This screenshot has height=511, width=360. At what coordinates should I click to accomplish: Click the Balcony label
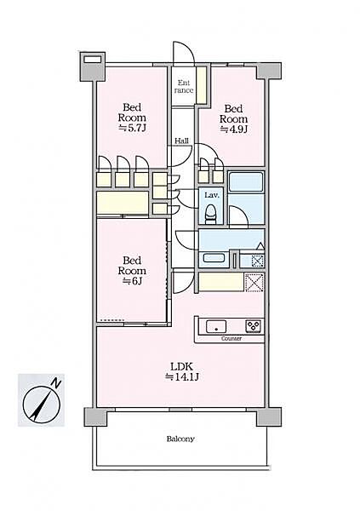[180, 439]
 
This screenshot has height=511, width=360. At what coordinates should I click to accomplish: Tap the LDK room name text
[181, 366]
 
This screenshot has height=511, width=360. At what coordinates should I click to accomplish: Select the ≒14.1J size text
[181, 377]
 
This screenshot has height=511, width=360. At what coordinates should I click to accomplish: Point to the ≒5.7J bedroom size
[132, 128]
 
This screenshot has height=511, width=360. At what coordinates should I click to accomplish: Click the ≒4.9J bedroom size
[233, 129]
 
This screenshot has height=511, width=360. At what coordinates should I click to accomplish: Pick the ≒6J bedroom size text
[132, 281]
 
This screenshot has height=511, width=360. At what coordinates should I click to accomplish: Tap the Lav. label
[211, 195]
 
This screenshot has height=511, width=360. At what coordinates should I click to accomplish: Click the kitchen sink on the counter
[216, 326]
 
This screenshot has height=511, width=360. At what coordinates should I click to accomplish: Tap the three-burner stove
[253, 326]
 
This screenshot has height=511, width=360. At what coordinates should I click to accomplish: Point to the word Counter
[231, 339]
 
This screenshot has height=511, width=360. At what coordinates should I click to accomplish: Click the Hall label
[181, 141]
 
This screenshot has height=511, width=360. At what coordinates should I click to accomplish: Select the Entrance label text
[184, 87]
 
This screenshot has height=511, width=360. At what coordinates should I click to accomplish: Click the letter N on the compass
[57, 383]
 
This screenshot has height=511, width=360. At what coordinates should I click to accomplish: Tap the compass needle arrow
[42, 404]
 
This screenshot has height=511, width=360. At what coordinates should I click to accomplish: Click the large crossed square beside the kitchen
[254, 283]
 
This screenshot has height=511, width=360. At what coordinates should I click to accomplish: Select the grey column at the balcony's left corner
[96, 416]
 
